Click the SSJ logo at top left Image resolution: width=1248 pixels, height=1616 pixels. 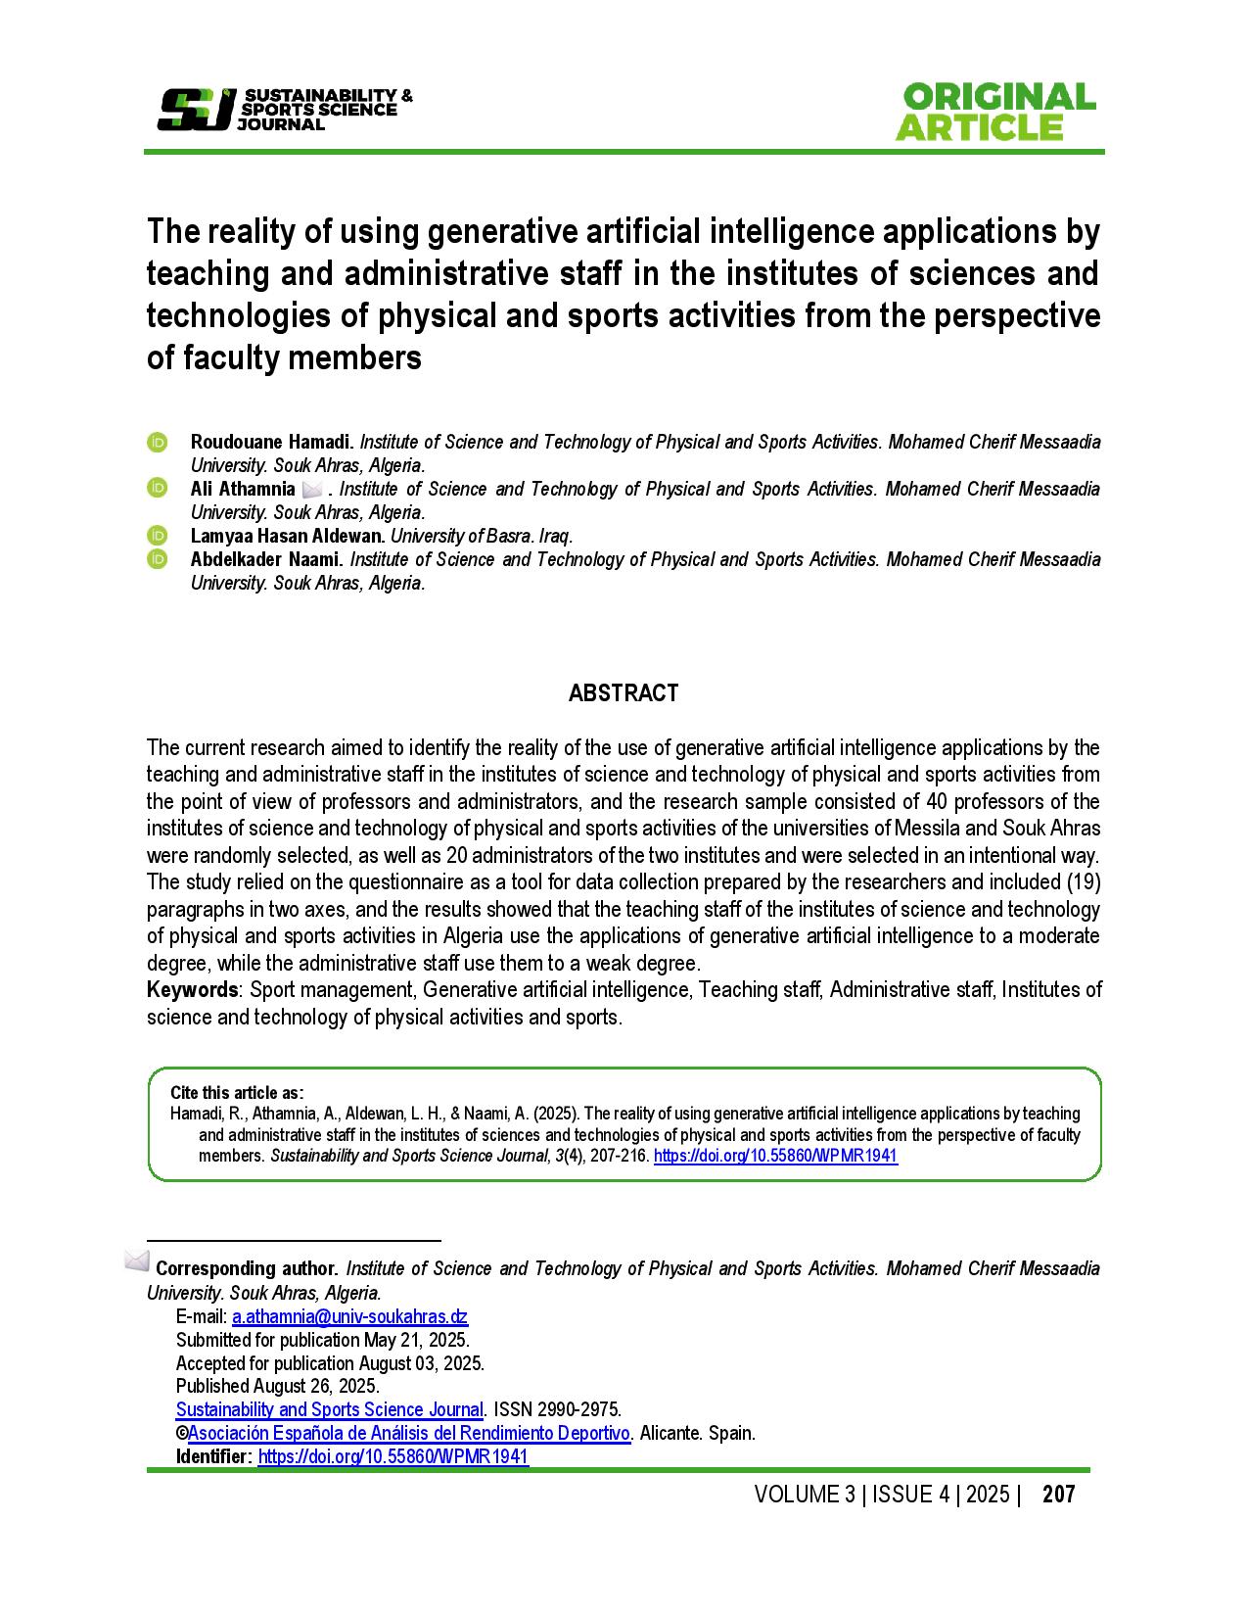point(196,109)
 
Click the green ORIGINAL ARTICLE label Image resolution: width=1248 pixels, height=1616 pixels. point(994,112)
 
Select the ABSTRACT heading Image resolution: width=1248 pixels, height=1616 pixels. point(624,693)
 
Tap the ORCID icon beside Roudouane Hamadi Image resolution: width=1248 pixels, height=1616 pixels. point(158,442)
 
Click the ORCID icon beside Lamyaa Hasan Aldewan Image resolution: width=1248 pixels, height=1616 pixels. point(158,536)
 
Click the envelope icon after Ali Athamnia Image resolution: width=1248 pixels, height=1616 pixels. point(312,489)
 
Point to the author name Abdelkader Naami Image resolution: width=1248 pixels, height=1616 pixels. point(266,559)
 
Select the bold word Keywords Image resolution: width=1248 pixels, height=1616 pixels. point(192,989)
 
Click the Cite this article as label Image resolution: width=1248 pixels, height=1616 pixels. point(237,1092)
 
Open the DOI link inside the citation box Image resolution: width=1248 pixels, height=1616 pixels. point(775,1156)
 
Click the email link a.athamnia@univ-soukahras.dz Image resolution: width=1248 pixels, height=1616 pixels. point(349,1316)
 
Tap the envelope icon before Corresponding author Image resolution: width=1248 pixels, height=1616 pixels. point(137,1260)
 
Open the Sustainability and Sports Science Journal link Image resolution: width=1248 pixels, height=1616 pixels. point(330,1410)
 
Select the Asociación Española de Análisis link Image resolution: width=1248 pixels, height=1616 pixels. point(409,1434)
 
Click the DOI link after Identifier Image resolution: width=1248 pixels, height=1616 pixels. point(393,1457)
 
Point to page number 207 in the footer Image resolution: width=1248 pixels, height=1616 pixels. point(1059,1495)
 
